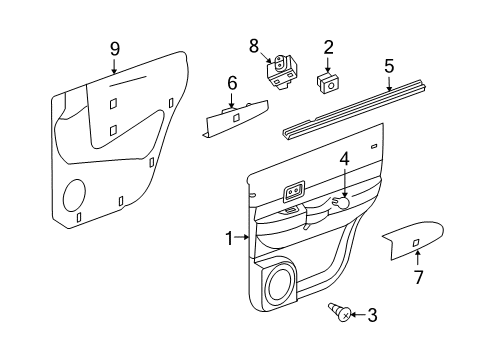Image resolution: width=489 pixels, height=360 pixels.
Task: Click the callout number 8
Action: pos(253,45)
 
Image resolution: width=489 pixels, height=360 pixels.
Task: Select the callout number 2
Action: pos(327,46)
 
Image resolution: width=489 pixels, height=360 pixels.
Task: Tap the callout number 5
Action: pos(388,67)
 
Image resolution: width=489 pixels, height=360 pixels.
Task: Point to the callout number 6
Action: pos(231,84)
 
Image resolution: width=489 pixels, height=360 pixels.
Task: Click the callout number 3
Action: pos(372,343)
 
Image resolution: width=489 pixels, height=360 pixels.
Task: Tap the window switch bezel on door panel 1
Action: pos(294,189)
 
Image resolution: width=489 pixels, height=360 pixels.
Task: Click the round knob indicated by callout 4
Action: pos(343,203)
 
